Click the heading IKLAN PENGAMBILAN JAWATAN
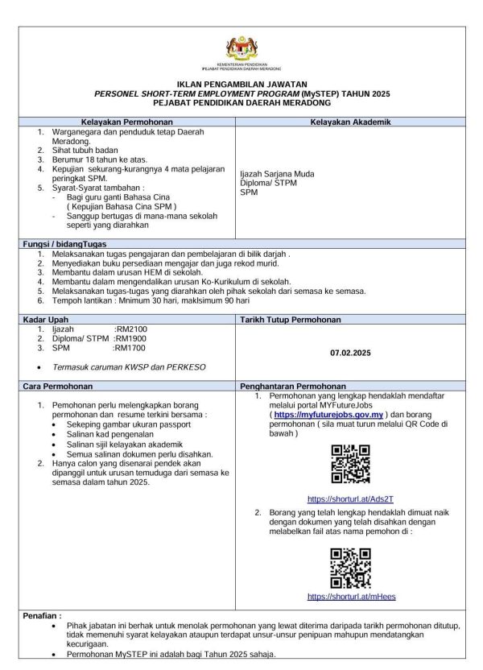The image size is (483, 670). (242, 85)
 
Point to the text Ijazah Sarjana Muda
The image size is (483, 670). (277, 174)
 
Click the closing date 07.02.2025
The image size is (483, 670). (351, 353)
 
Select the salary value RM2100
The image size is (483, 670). (130, 329)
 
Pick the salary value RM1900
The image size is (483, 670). (130, 339)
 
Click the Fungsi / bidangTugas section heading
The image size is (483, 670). (65, 243)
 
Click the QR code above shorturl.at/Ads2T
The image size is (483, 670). (351, 465)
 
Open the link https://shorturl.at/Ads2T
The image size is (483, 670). (351, 500)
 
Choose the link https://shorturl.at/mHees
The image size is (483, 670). (351, 597)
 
